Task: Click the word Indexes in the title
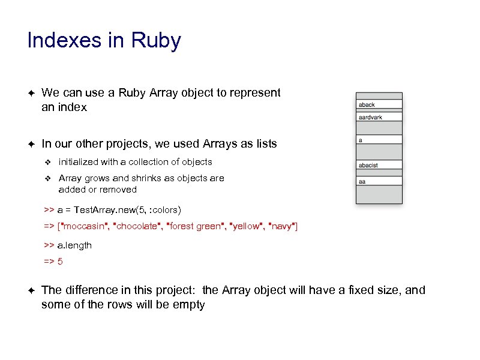(61, 41)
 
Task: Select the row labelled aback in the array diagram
(379, 105)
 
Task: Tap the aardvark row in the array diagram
(379, 118)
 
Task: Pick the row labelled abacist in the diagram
(379, 165)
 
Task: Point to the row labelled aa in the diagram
(379, 181)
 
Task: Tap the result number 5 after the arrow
(60, 262)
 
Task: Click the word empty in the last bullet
(190, 305)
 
